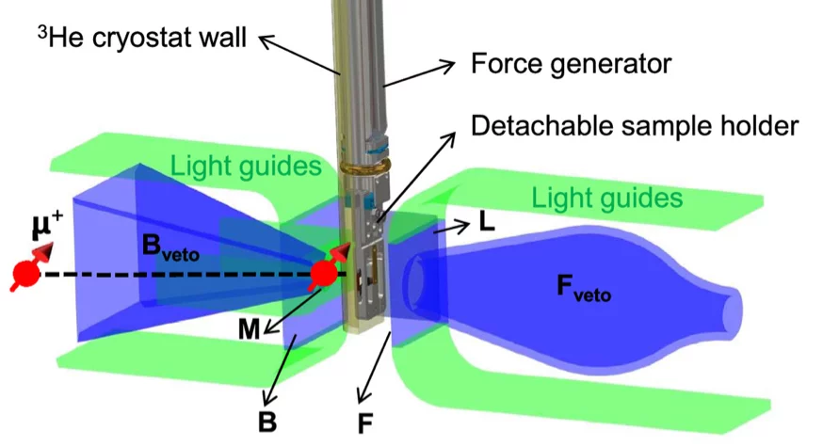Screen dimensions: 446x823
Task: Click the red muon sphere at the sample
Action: [x=324, y=274]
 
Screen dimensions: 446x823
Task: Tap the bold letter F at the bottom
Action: [x=365, y=423]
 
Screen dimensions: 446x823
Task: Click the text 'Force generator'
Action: [x=570, y=65]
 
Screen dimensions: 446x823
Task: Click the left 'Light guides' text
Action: [x=247, y=167]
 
